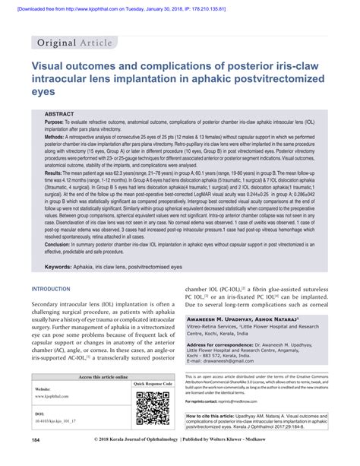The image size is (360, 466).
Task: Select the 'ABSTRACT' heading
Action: (61, 113)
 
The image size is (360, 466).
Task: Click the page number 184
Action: (36, 461)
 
